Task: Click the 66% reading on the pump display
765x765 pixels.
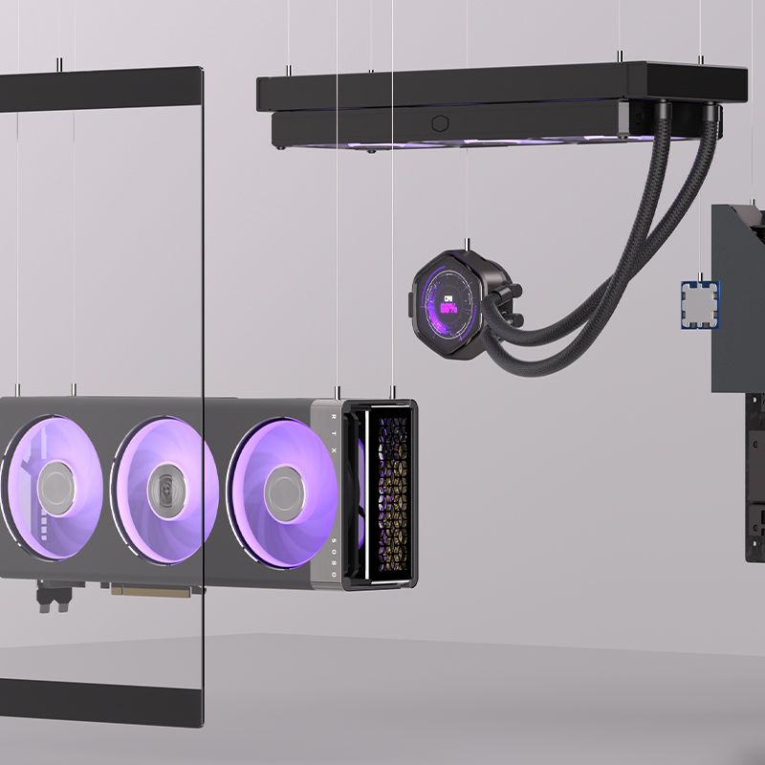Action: coord(448,310)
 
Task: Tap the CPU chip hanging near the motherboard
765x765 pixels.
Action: coord(699,304)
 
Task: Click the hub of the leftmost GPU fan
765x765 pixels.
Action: coord(57,483)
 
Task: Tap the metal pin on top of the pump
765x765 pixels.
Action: coord(465,243)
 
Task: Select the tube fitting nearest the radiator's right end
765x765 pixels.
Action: coord(710,120)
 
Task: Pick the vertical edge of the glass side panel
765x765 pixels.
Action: coord(203,382)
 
